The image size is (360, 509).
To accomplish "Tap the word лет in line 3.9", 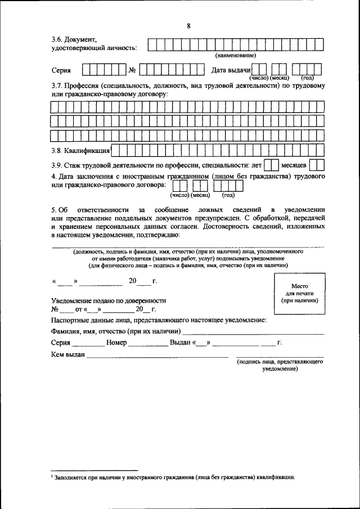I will pyautogui.click(x=257, y=165).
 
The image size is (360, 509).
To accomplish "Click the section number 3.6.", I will pyautogui.click(x=57, y=39).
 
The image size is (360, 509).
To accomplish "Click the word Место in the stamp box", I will pyautogui.click(x=299, y=286).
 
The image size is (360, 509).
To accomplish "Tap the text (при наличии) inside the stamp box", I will pyautogui.click(x=299, y=301).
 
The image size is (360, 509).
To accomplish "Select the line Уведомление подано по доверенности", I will pyautogui.click(x=109, y=300).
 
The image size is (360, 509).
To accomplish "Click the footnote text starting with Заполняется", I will pyautogui.click(x=174, y=476).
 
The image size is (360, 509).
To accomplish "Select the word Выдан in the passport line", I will pyautogui.click(x=180, y=343).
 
